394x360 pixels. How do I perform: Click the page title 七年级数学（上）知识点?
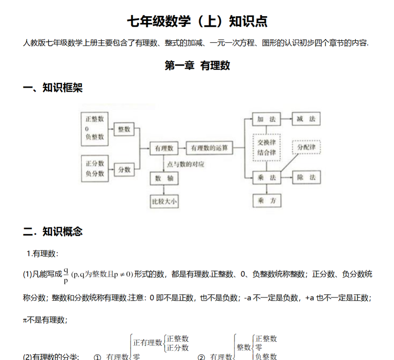point(197,22)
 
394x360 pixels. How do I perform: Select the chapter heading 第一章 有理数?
point(197,65)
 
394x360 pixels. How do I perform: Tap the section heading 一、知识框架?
point(53,88)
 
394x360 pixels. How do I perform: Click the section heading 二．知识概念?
point(53,231)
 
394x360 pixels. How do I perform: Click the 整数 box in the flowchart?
point(124,129)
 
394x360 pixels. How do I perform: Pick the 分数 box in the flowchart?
point(124,170)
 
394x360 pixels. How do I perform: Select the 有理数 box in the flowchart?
point(164,148)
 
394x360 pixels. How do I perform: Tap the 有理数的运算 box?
point(209,148)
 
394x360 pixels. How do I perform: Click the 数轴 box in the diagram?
point(164,178)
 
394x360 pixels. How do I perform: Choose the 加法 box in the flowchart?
point(266,119)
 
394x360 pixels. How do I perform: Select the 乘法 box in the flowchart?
point(266,177)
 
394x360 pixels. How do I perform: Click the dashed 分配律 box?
point(306,147)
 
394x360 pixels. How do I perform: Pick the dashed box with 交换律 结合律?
point(266,147)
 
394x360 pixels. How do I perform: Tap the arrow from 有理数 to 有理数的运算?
point(182,148)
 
